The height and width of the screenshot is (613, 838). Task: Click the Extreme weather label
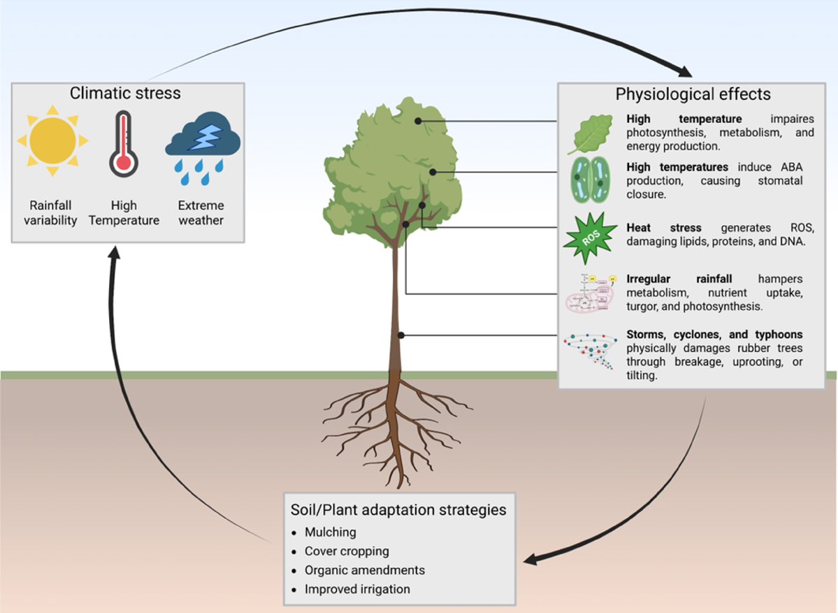201,213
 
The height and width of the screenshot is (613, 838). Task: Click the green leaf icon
588,133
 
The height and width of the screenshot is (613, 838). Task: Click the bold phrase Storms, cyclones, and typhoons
714,334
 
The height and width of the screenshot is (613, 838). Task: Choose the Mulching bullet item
330,532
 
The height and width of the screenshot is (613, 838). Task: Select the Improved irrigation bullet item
357,589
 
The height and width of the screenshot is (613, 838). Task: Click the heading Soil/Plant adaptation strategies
398,509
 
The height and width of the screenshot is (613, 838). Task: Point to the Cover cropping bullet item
347,551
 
